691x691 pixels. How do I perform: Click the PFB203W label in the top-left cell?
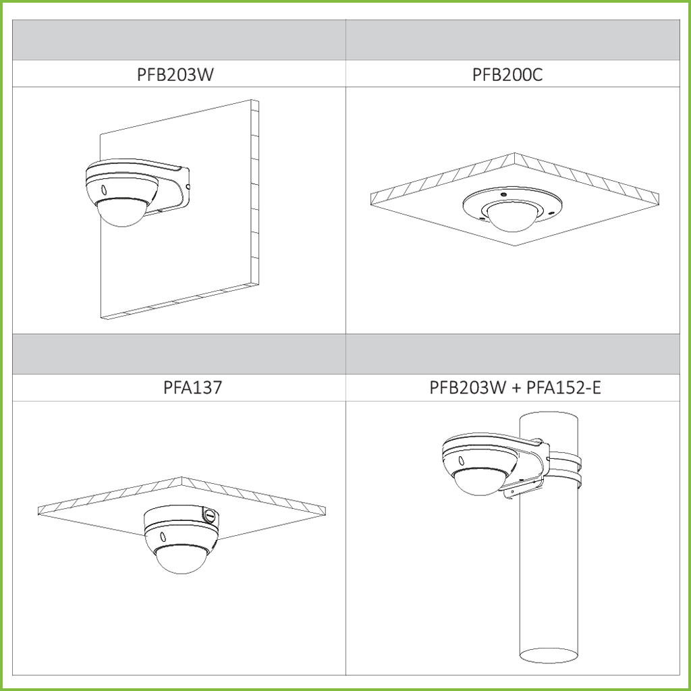click(175, 74)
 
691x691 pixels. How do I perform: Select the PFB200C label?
click(507, 74)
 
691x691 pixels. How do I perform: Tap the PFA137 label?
click(192, 387)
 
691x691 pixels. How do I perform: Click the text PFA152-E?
click(563, 387)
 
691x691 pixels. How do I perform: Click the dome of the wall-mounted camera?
click(121, 213)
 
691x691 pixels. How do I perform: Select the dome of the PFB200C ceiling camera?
click(512, 217)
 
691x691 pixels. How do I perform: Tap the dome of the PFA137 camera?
click(182, 559)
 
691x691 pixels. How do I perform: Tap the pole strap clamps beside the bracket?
click(565, 470)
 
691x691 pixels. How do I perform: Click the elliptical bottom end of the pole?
click(549, 655)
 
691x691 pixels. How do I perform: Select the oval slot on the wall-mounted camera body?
click(104, 190)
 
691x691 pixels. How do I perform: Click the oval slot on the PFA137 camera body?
click(163, 536)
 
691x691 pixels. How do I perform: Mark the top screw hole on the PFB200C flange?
click(503, 194)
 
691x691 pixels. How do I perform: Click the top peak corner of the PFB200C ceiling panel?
click(514, 153)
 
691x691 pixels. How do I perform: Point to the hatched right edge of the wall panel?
click(254, 192)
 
